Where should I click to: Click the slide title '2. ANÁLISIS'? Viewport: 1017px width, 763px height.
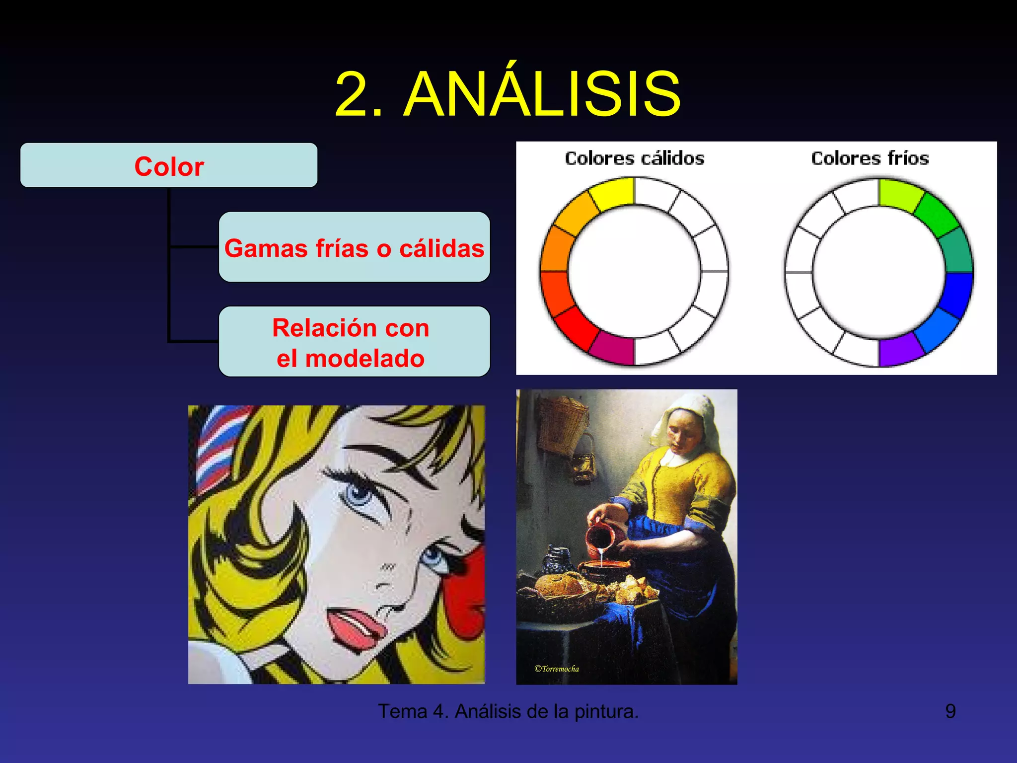click(508, 94)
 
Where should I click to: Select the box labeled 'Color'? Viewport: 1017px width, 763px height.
click(169, 166)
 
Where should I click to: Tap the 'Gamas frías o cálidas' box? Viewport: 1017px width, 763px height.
click(354, 248)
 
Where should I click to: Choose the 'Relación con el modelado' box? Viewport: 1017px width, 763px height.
click(354, 342)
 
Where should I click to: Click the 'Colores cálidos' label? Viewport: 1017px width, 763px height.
click(635, 158)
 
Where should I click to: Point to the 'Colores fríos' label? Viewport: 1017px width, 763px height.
click(870, 158)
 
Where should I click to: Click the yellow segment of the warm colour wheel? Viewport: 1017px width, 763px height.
click(613, 194)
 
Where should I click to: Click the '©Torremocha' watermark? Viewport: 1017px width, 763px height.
click(557, 669)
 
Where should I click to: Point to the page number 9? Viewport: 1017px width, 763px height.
click(950, 711)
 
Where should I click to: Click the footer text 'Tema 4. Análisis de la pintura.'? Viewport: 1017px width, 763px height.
click(508, 711)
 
